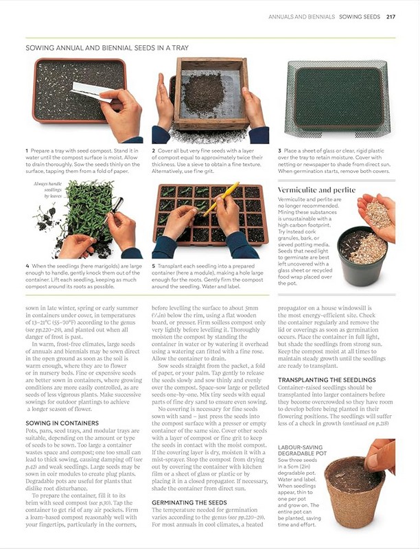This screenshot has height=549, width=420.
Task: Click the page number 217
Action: pyautogui.click(x=391, y=16)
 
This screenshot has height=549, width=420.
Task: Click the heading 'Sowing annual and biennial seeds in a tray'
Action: pyautogui.click(x=107, y=47)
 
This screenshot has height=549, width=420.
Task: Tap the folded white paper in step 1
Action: pyautogui.click(x=92, y=91)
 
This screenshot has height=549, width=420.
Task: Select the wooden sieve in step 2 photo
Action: pyautogui.click(x=211, y=93)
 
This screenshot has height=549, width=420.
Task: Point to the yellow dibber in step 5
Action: pyautogui.click(x=221, y=199)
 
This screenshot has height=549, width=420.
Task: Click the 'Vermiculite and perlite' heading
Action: pyautogui.click(x=317, y=190)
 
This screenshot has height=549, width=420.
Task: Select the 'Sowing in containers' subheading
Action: pyautogui.click(x=62, y=423)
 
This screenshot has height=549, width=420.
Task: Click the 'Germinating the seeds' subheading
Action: pyautogui.click(x=189, y=502)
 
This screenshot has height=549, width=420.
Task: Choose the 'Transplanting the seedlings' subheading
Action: pyautogui.click(x=327, y=380)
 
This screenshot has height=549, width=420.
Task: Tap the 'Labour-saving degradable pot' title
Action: pyautogui.click(x=303, y=450)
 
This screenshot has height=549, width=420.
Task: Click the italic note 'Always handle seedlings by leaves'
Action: pyautogui.click(x=48, y=190)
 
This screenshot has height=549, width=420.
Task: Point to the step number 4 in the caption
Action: pyautogui.click(x=27, y=266)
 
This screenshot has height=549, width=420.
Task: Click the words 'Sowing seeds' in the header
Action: pyautogui.click(x=360, y=16)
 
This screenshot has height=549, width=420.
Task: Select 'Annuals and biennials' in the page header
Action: pyautogui.click(x=302, y=16)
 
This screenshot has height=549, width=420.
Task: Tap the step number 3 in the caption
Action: pyautogui.click(x=279, y=150)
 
